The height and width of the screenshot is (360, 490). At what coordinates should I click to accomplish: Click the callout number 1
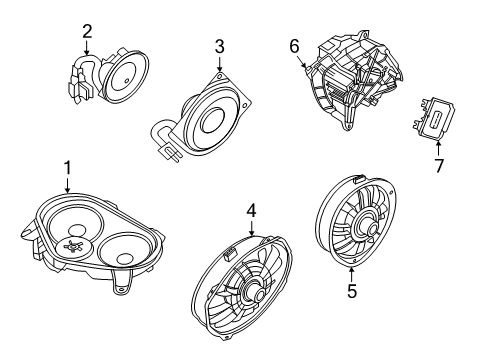click(x=67, y=167)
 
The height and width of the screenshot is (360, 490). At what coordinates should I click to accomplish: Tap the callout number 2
click(x=87, y=31)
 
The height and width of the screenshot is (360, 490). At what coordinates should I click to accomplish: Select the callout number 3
click(x=219, y=47)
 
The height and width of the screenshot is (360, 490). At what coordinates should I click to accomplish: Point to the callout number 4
click(x=252, y=212)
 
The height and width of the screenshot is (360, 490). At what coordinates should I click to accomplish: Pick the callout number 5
click(x=351, y=292)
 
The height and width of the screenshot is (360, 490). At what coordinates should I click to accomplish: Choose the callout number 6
click(x=294, y=45)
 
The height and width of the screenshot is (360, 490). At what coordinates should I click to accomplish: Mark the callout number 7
click(x=436, y=164)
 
